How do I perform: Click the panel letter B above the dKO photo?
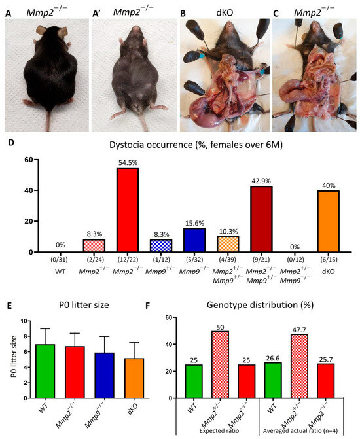[x=184, y=12]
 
